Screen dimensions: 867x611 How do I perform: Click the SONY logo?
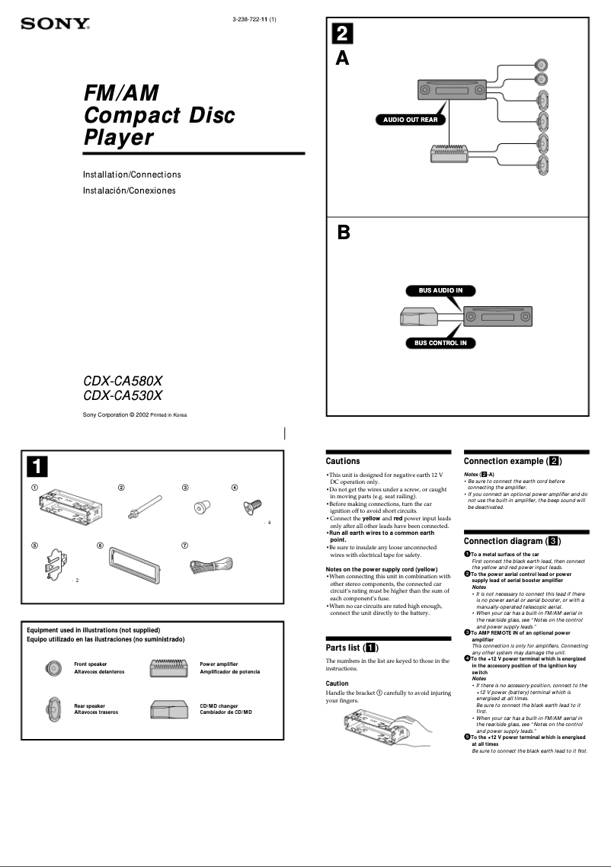[x=56, y=24]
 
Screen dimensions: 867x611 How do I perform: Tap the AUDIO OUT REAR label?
[x=410, y=120]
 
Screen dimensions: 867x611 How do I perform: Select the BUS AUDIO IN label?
[x=441, y=290]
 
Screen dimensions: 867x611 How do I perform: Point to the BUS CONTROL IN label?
[x=440, y=343]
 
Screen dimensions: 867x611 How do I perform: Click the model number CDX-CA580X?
[x=123, y=380]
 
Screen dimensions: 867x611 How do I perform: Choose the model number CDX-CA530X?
[x=123, y=395]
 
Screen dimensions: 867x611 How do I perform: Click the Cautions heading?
[x=343, y=461]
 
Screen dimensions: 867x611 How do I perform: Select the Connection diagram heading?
[x=513, y=541]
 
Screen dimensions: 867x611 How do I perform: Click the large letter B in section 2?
[x=344, y=233]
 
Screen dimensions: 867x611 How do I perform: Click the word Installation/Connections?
[x=132, y=175]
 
